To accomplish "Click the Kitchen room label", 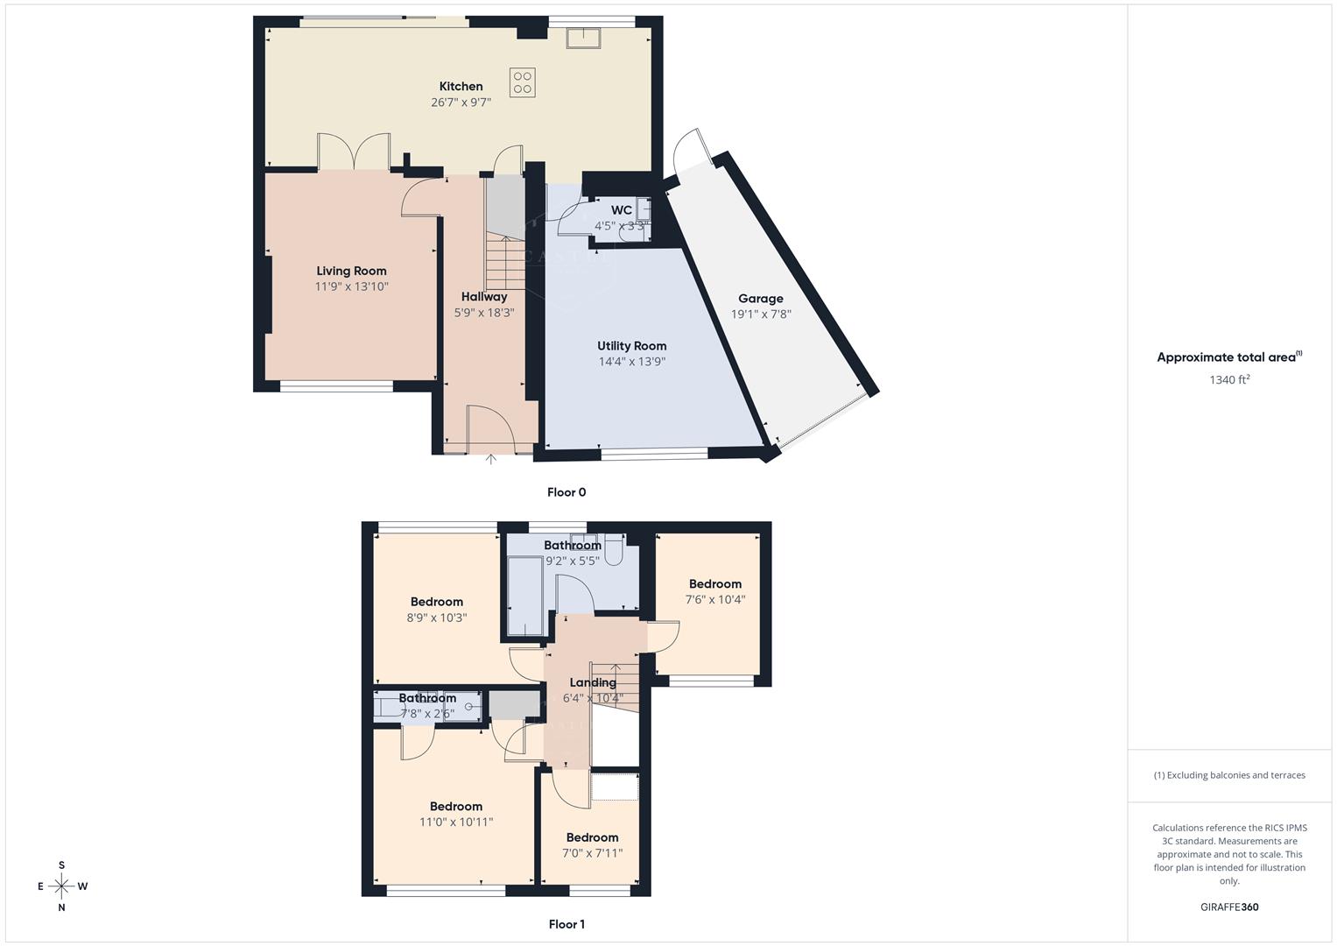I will (461, 86).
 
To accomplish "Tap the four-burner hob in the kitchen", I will (523, 82).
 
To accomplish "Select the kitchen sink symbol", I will (582, 39).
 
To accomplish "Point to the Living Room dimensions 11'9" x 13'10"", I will (351, 286).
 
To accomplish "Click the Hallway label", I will (484, 297).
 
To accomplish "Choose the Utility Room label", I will (631, 346).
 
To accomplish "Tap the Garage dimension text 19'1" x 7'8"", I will (761, 314).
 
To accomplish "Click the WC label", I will (622, 210).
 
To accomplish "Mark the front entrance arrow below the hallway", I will (490, 458).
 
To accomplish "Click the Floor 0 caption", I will (566, 492).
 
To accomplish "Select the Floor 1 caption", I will (566, 924).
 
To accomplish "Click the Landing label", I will (593, 682).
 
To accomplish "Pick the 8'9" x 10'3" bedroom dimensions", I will (436, 618).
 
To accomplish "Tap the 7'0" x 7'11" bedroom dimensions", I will (592, 853).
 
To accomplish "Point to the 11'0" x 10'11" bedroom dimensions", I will (456, 822).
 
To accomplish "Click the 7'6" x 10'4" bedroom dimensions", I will (715, 600).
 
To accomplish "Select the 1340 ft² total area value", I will (1229, 380).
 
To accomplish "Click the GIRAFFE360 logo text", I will (1229, 907).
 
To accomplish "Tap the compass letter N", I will (61, 908).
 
